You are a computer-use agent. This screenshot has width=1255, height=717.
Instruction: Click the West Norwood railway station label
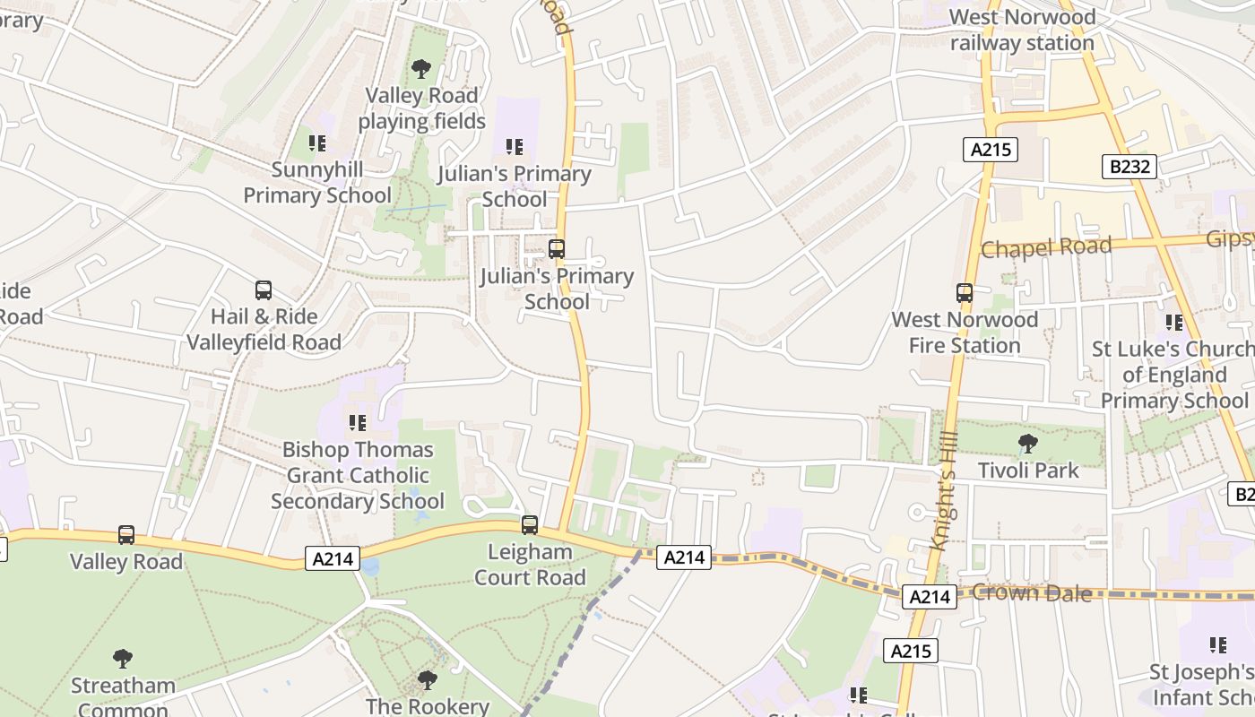1022,30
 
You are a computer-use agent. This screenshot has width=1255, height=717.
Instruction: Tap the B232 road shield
1129,166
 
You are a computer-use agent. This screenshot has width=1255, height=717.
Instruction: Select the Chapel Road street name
1045,246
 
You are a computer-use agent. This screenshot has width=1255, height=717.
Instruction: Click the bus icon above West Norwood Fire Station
965,293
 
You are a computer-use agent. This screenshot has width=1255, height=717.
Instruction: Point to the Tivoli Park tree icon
1027,443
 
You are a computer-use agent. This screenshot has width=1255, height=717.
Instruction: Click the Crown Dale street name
1032,592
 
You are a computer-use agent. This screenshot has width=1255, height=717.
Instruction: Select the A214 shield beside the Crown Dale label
929,597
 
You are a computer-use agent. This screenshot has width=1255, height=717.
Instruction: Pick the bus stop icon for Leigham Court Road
530,525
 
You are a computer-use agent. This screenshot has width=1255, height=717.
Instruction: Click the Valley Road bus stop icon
126,535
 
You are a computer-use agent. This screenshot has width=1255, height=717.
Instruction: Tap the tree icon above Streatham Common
123,659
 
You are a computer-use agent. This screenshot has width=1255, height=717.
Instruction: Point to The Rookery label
428,706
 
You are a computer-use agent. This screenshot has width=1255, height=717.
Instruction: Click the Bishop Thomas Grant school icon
358,422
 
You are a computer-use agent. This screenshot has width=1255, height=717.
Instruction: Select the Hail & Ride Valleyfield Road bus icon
264,290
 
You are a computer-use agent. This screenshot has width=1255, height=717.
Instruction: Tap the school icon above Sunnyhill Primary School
316,143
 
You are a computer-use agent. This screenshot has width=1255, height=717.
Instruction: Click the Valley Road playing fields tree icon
420,69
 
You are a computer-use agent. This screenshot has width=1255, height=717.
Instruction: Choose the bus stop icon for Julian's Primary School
557,249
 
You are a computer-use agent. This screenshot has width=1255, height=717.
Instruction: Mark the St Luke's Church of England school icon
1173,323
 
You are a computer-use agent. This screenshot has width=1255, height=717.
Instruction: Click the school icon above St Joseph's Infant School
1217,644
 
